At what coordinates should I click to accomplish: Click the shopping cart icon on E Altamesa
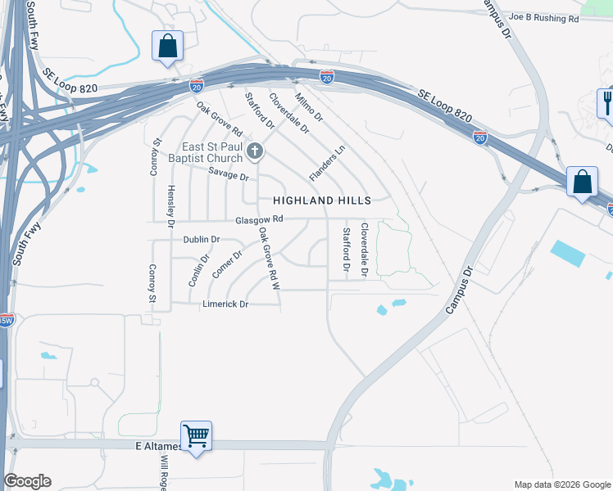pyautogui.click(x=197, y=435)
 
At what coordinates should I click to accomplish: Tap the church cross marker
pyautogui.click(x=255, y=151)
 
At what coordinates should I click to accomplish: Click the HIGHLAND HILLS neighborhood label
pyautogui.click(x=322, y=200)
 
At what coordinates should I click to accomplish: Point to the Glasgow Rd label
pyautogui.click(x=259, y=219)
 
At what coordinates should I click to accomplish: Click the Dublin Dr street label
pyautogui.click(x=201, y=240)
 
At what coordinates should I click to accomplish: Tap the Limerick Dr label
pyautogui.click(x=225, y=304)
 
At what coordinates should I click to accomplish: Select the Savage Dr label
pyautogui.click(x=228, y=174)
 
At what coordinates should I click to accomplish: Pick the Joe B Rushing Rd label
pyautogui.click(x=543, y=17)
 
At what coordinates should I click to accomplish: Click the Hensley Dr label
pyautogui.click(x=171, y=206)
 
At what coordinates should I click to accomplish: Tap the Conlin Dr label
pyautogui.click(x=195, y=269)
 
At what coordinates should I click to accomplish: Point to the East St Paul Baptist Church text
pyautogui.click(x=211, y=152)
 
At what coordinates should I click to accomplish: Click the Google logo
pyautogui.click(x=27, y=481)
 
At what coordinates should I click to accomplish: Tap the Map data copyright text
pyautogui.click(x=562, y=484)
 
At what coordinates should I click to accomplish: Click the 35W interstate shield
pyautogui.click(x=5, y=320)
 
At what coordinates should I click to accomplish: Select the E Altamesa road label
pyautogui.click(x=159, y=447)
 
